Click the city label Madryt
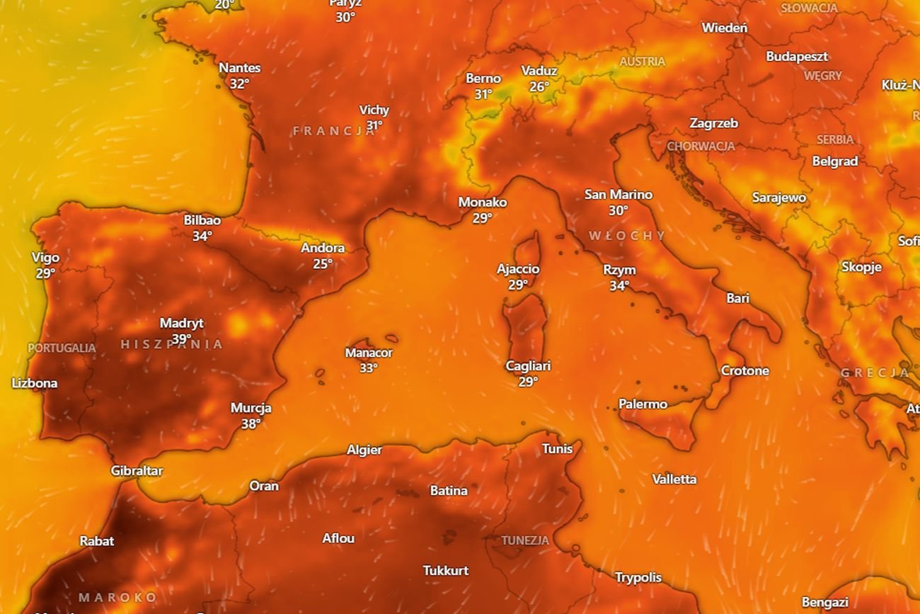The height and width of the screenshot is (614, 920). pyautogui.click(x=181, y=323)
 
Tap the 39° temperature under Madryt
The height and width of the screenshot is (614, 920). pyautogui.click(x=181, y=339)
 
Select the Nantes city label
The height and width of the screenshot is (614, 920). pyautogui.click(x=239, y=68)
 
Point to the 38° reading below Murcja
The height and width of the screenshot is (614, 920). pyautogui.click(x=251, y=423)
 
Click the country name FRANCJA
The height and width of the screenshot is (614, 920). pyautogui.click(x=335, y=131)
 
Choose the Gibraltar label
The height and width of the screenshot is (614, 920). pyautogui.click(x=137, y=471)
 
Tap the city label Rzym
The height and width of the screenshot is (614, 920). pyautogui.click(x=619, y=271)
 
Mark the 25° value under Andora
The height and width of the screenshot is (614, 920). pyautogui.click(x=323, y=263)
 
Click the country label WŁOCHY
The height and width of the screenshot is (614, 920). pyautogui.click(x=627, y=235)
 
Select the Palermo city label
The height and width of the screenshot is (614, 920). pyautogui.click(x=643, y=404)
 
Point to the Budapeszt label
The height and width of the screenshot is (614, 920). pyautogui.click(x=797, y=57)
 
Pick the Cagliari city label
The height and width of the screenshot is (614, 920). pyautogui.click(x=528, y=366)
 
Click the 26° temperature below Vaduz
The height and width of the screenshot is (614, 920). pyautogui.click(x=539, y=86)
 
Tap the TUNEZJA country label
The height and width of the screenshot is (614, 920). pyautogui.click(x=525, y=540)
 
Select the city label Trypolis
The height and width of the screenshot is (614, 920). pyautogui.click(x=638, y=577)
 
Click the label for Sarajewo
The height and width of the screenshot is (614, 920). pyautogui.click(x=778, y=198)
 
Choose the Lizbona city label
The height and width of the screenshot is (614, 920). pyautogui.click(x=35, y=383)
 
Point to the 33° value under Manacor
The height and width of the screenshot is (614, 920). pyautogui.click(x=368, y=368)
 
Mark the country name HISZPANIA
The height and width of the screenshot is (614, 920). pyautogui.click(x=172, y=345)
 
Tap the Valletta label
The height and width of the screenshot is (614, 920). pyautogui.click(x=674, y=479)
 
